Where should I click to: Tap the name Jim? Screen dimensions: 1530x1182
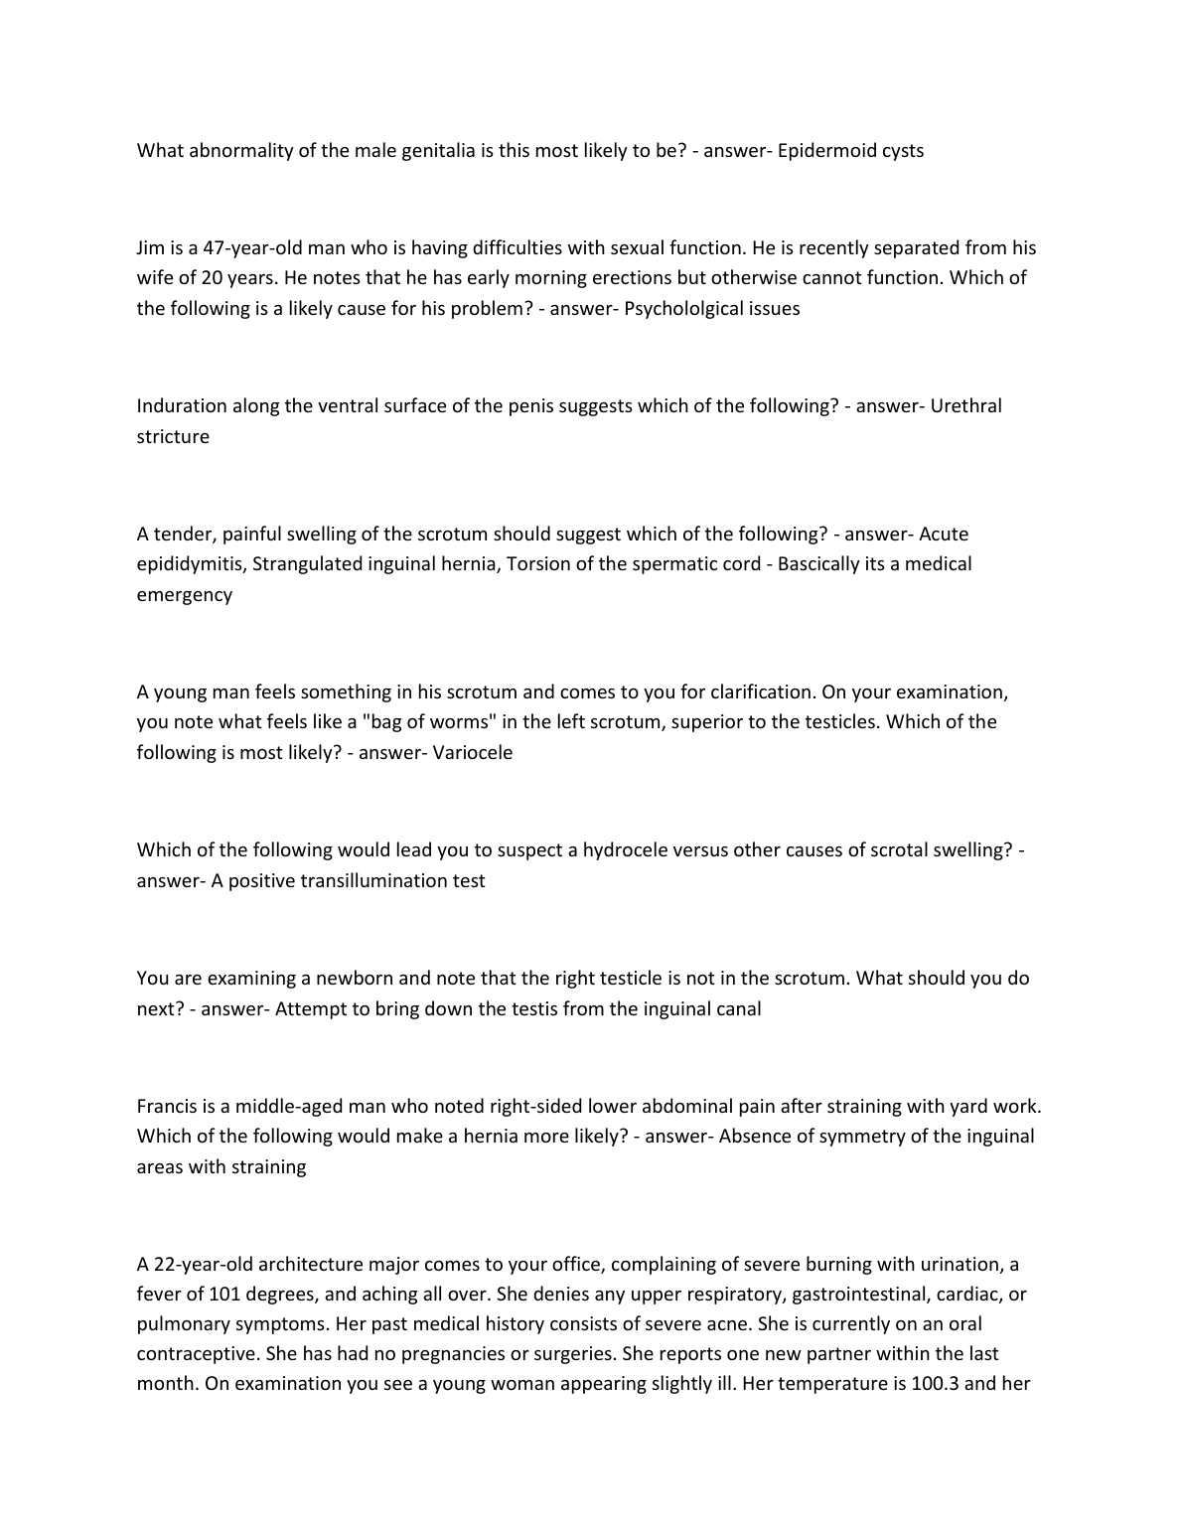pyautogui.click(x=152, y=248)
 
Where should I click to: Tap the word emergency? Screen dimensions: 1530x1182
pyautogui.click(x=185, y=595)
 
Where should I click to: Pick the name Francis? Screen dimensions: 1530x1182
pyautogui.click(x=169, y=1107)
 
